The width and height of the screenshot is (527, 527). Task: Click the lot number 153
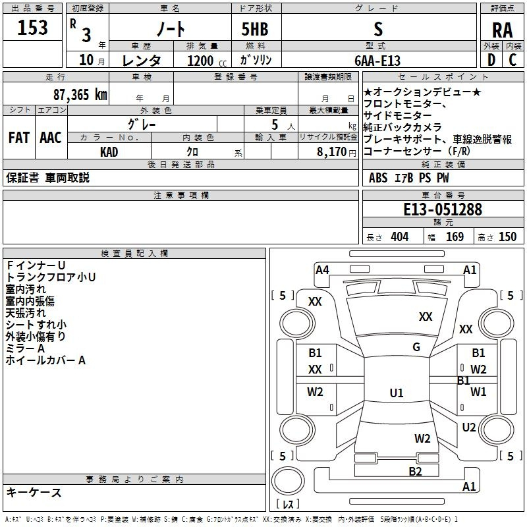[33, 28]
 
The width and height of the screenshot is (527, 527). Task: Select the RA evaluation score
[502, 30]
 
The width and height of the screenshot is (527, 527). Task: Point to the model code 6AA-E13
[377, 61]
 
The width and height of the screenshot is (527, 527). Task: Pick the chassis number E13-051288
[443, 210]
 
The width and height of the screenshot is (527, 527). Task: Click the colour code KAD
[109, 151]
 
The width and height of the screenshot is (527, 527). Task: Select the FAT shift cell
[18, 138]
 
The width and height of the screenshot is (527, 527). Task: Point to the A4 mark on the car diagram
[322, 269]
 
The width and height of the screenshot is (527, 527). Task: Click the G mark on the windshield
[416, 347]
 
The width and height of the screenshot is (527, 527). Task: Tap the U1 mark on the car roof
[397, 393]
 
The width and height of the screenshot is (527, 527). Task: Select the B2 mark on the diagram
[415, 471]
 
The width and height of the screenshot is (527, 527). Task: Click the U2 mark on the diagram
[469, 428]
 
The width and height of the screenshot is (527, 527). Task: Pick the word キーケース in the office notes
[34, 493]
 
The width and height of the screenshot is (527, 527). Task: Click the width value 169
[455, 237]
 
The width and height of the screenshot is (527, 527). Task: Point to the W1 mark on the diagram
[478, 392]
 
